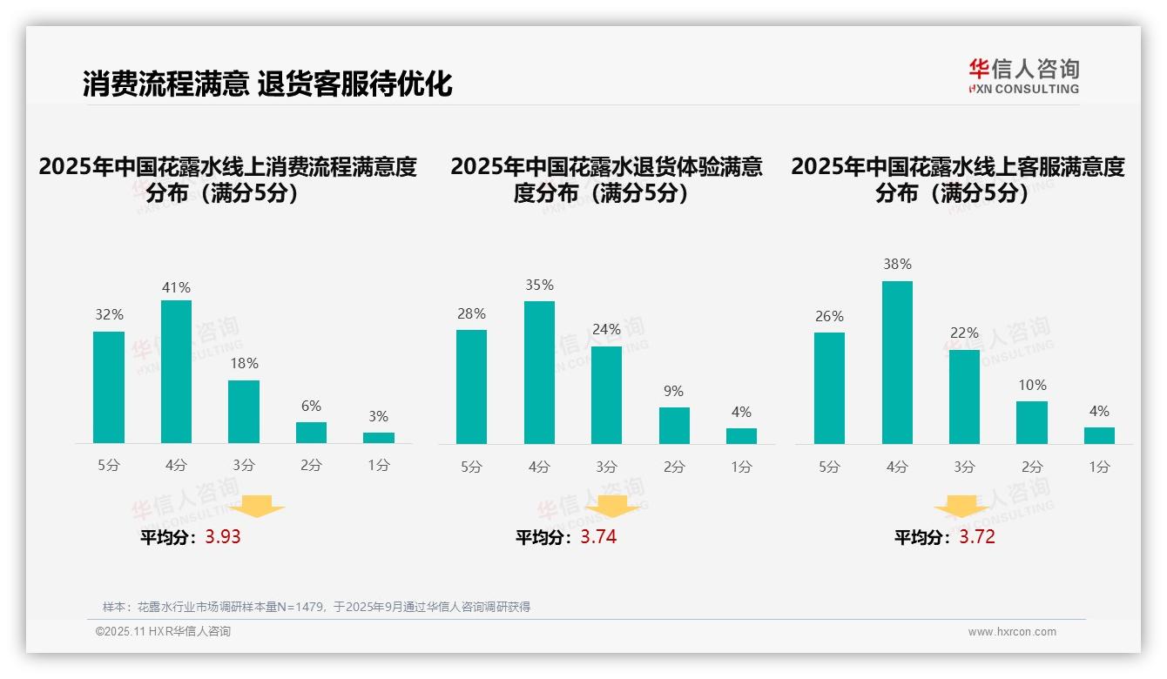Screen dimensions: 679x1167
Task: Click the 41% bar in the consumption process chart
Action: [x=176, y=372]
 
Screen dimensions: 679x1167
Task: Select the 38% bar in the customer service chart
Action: [x=897, y=362]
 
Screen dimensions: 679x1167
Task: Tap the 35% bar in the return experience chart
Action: [x=539, y=373]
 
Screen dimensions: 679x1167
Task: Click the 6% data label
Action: [x=311, y=406]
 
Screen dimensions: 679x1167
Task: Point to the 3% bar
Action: [x=379, y=438]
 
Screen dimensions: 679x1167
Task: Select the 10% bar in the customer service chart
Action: [x=1032, y=422]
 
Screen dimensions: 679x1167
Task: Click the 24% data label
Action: [x=606, y=329]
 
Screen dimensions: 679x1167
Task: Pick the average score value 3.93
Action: [x=223, y=537]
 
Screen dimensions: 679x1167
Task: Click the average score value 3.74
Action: [x=598, y=537]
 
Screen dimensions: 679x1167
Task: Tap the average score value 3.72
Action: [x=977, y=537]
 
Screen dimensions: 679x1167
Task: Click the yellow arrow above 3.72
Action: [x=961, y=507]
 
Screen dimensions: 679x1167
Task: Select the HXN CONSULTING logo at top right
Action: [x=1023, y=76]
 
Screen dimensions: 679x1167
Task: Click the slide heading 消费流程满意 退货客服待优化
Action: [x=267, y=84]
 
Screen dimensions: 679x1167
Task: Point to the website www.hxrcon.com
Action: [x=1011, y=632]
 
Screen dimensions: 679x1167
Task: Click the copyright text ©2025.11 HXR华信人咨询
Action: [x=163, y=632]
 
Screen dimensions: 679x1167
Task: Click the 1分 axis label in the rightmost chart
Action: [x=1099, y=467]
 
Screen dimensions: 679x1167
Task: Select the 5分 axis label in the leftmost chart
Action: [x=109, y=466]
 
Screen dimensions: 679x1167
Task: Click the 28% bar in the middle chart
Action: [x=471, y=387]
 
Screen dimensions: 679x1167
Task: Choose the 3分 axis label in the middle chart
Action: [x=606, y=467]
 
